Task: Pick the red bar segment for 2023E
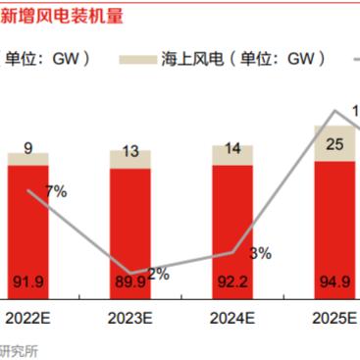(x=137, y=235)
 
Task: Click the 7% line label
(x=56, y=191)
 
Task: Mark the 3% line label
(x=261, y=253)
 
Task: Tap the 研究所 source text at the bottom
(x=20, y=350)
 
